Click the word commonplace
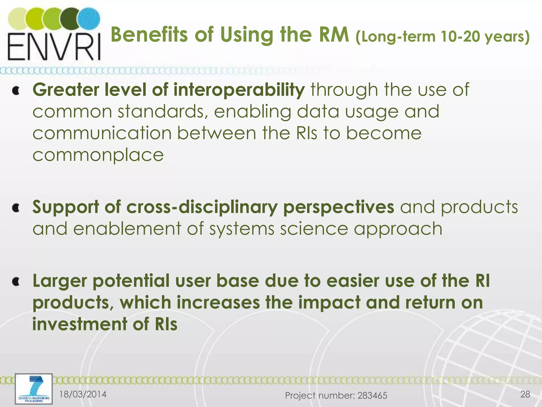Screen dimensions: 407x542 coord(98,155)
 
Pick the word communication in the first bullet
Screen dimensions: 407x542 coord(102,133)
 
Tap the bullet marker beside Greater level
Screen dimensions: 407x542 coord(16,91)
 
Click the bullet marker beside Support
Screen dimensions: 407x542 coord(16,208)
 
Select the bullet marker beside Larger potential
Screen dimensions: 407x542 coord(16,282)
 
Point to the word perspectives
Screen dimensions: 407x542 coord(338,207)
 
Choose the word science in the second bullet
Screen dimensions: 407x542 coord(314,229)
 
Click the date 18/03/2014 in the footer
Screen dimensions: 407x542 coord(83,394)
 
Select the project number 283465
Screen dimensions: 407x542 coord(372,396)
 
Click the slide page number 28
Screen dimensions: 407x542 coord(525,394)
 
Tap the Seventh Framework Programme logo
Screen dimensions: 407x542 coord(34,389)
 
